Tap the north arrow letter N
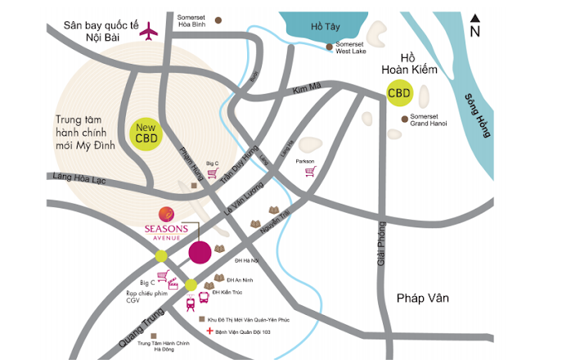click(474, 32)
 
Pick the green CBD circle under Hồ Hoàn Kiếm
click(399, 93)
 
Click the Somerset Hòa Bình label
click(196, 21)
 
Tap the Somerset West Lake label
click(350, 48)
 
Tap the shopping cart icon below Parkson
click(309, 172)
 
